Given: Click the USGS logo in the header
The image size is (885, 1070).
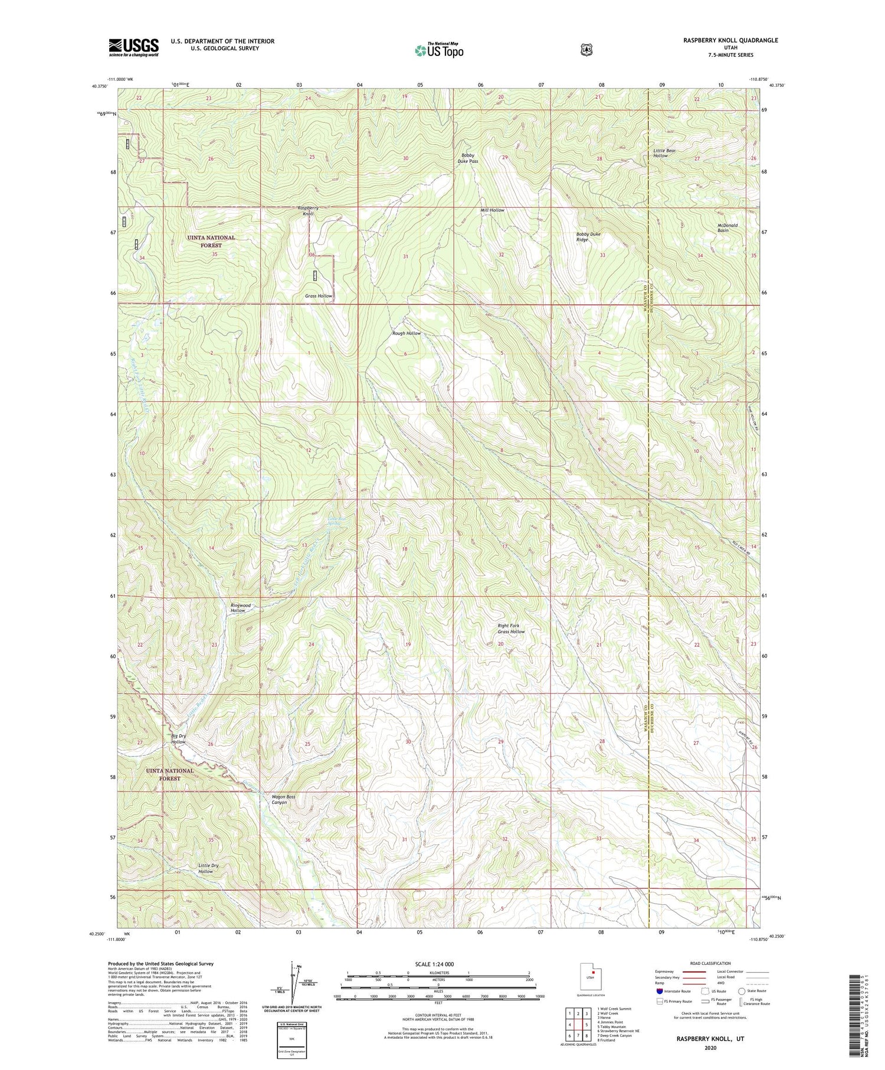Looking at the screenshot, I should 133,47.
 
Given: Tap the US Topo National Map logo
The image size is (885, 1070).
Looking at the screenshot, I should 439,50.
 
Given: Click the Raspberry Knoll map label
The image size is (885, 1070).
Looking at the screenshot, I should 308,211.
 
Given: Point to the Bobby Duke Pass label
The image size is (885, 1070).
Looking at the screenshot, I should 469,158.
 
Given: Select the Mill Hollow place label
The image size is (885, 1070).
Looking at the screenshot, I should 492,210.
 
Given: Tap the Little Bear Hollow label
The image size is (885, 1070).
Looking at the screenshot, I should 664,153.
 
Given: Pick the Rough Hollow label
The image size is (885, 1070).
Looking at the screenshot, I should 407,333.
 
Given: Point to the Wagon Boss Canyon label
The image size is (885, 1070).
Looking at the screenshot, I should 283,800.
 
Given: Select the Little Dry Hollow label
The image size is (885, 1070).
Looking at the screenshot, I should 208,868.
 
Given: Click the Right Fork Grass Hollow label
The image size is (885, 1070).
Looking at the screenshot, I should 511,629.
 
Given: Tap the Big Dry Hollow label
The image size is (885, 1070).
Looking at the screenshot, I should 179,739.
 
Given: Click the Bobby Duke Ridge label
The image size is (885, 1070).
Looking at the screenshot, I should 588,237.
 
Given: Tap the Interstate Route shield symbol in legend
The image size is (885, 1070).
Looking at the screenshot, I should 659,992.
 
